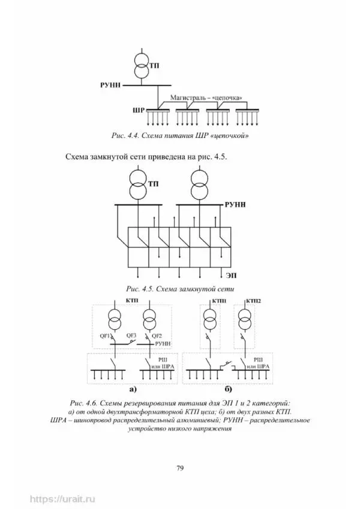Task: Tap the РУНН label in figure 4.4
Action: [110, 86]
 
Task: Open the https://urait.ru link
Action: [63, 498]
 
